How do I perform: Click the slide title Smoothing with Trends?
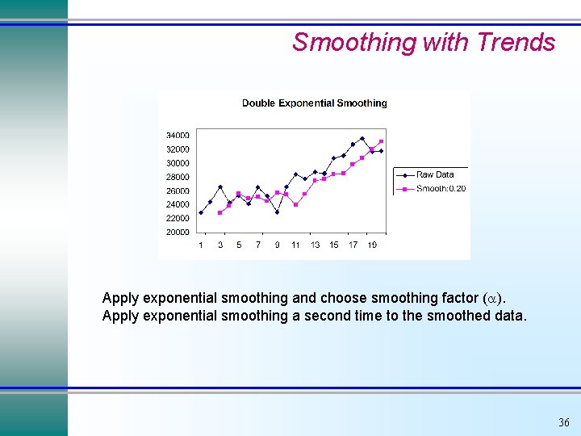click(424, 42)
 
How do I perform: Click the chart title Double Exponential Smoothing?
click(314, 103)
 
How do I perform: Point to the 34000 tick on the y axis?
click(178, 135)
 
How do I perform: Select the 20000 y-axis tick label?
click(178, 233)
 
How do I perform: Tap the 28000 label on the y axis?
click(178, 177)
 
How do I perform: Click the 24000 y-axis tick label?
click(178, 205)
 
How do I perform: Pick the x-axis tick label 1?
click(201, 245)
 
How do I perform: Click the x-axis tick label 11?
click(295, 245)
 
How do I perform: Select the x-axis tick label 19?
click(371, 245)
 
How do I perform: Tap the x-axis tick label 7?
click(258, 245)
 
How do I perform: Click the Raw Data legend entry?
click(435, 174)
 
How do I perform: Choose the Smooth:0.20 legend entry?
click(441, 189)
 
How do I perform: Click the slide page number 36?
click(563, 423)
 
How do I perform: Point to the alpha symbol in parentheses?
click(494, 298)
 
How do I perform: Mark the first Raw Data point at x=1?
click(201, 213)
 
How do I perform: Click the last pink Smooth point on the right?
click(381, 141)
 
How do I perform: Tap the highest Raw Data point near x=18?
click(362, 138)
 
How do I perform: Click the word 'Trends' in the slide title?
click(516, 42)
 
